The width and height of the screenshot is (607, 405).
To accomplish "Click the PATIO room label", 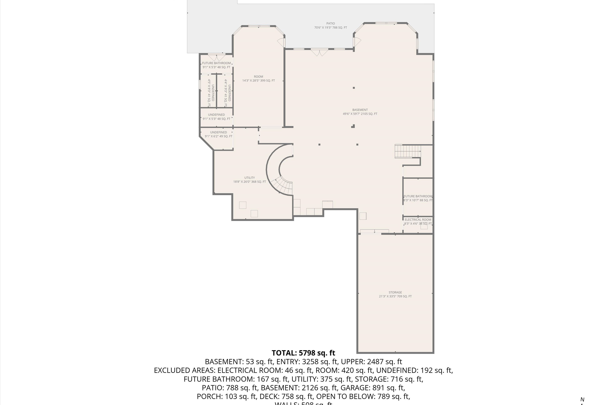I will [x=330, y=25].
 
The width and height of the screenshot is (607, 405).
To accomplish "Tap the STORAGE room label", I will [x=395, y=294].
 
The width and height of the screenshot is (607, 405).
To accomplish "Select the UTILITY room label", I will [x=249, y=179].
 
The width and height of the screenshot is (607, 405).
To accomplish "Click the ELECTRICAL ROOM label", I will [x=418, y=221].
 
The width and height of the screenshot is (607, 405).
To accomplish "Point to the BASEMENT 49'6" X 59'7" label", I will [x=360, y=112].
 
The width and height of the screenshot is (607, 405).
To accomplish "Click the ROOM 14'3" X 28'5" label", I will [x=258, y=78].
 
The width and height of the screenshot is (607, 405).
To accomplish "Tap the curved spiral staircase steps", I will [x=284, y=186].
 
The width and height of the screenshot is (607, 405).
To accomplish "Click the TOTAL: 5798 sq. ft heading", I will [x=303, y=353].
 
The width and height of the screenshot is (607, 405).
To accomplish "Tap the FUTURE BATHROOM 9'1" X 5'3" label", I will [x=216, y=65].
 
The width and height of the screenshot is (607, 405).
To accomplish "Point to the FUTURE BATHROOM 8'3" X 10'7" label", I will [x=418, y=198].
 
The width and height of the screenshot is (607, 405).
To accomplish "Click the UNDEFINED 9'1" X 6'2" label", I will [x=218, y=134].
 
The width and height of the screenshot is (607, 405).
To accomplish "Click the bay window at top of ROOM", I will [x=259, y=26].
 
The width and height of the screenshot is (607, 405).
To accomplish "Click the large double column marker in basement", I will [x=353, y=126].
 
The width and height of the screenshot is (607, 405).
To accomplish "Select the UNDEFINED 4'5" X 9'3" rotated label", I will [x=211, y=93].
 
